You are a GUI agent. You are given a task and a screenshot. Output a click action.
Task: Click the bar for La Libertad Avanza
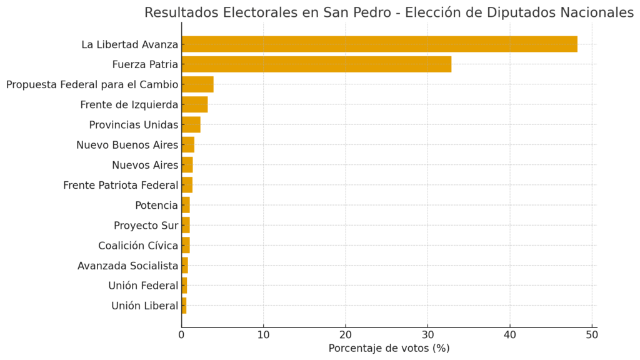coord(379,44)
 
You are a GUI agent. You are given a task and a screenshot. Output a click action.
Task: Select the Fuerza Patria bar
coord(316,64)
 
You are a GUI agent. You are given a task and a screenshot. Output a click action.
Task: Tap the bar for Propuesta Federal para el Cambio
coord(197,84)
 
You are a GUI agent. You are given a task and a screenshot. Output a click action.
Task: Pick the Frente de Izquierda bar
coord(194,104)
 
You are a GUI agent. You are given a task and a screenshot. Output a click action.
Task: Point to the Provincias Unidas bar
coord(191,124)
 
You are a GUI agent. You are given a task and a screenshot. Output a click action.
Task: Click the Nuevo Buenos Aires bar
coord(187,145)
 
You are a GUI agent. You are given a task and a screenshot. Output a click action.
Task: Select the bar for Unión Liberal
coord(184,306)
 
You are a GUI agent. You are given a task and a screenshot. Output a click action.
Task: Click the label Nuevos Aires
coord(145,165)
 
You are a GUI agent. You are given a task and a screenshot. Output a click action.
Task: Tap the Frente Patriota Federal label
coord(121,185)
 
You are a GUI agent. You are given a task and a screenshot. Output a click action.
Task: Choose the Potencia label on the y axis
coord(156,205)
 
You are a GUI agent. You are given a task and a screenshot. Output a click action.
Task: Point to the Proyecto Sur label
coord(146,225)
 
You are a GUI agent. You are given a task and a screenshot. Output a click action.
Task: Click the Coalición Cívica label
coord(138,246)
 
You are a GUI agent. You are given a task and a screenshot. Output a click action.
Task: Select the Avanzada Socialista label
coord(127,266)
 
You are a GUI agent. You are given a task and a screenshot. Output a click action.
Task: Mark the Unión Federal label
coord(143,286)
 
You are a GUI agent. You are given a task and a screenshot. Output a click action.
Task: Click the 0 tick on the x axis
coord(182,334)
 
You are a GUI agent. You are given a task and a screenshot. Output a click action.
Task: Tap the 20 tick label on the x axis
coord(346,334)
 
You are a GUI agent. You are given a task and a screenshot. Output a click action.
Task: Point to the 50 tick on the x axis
coord(592,334)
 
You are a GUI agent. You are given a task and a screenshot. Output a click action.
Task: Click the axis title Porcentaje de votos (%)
coord(389,348)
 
